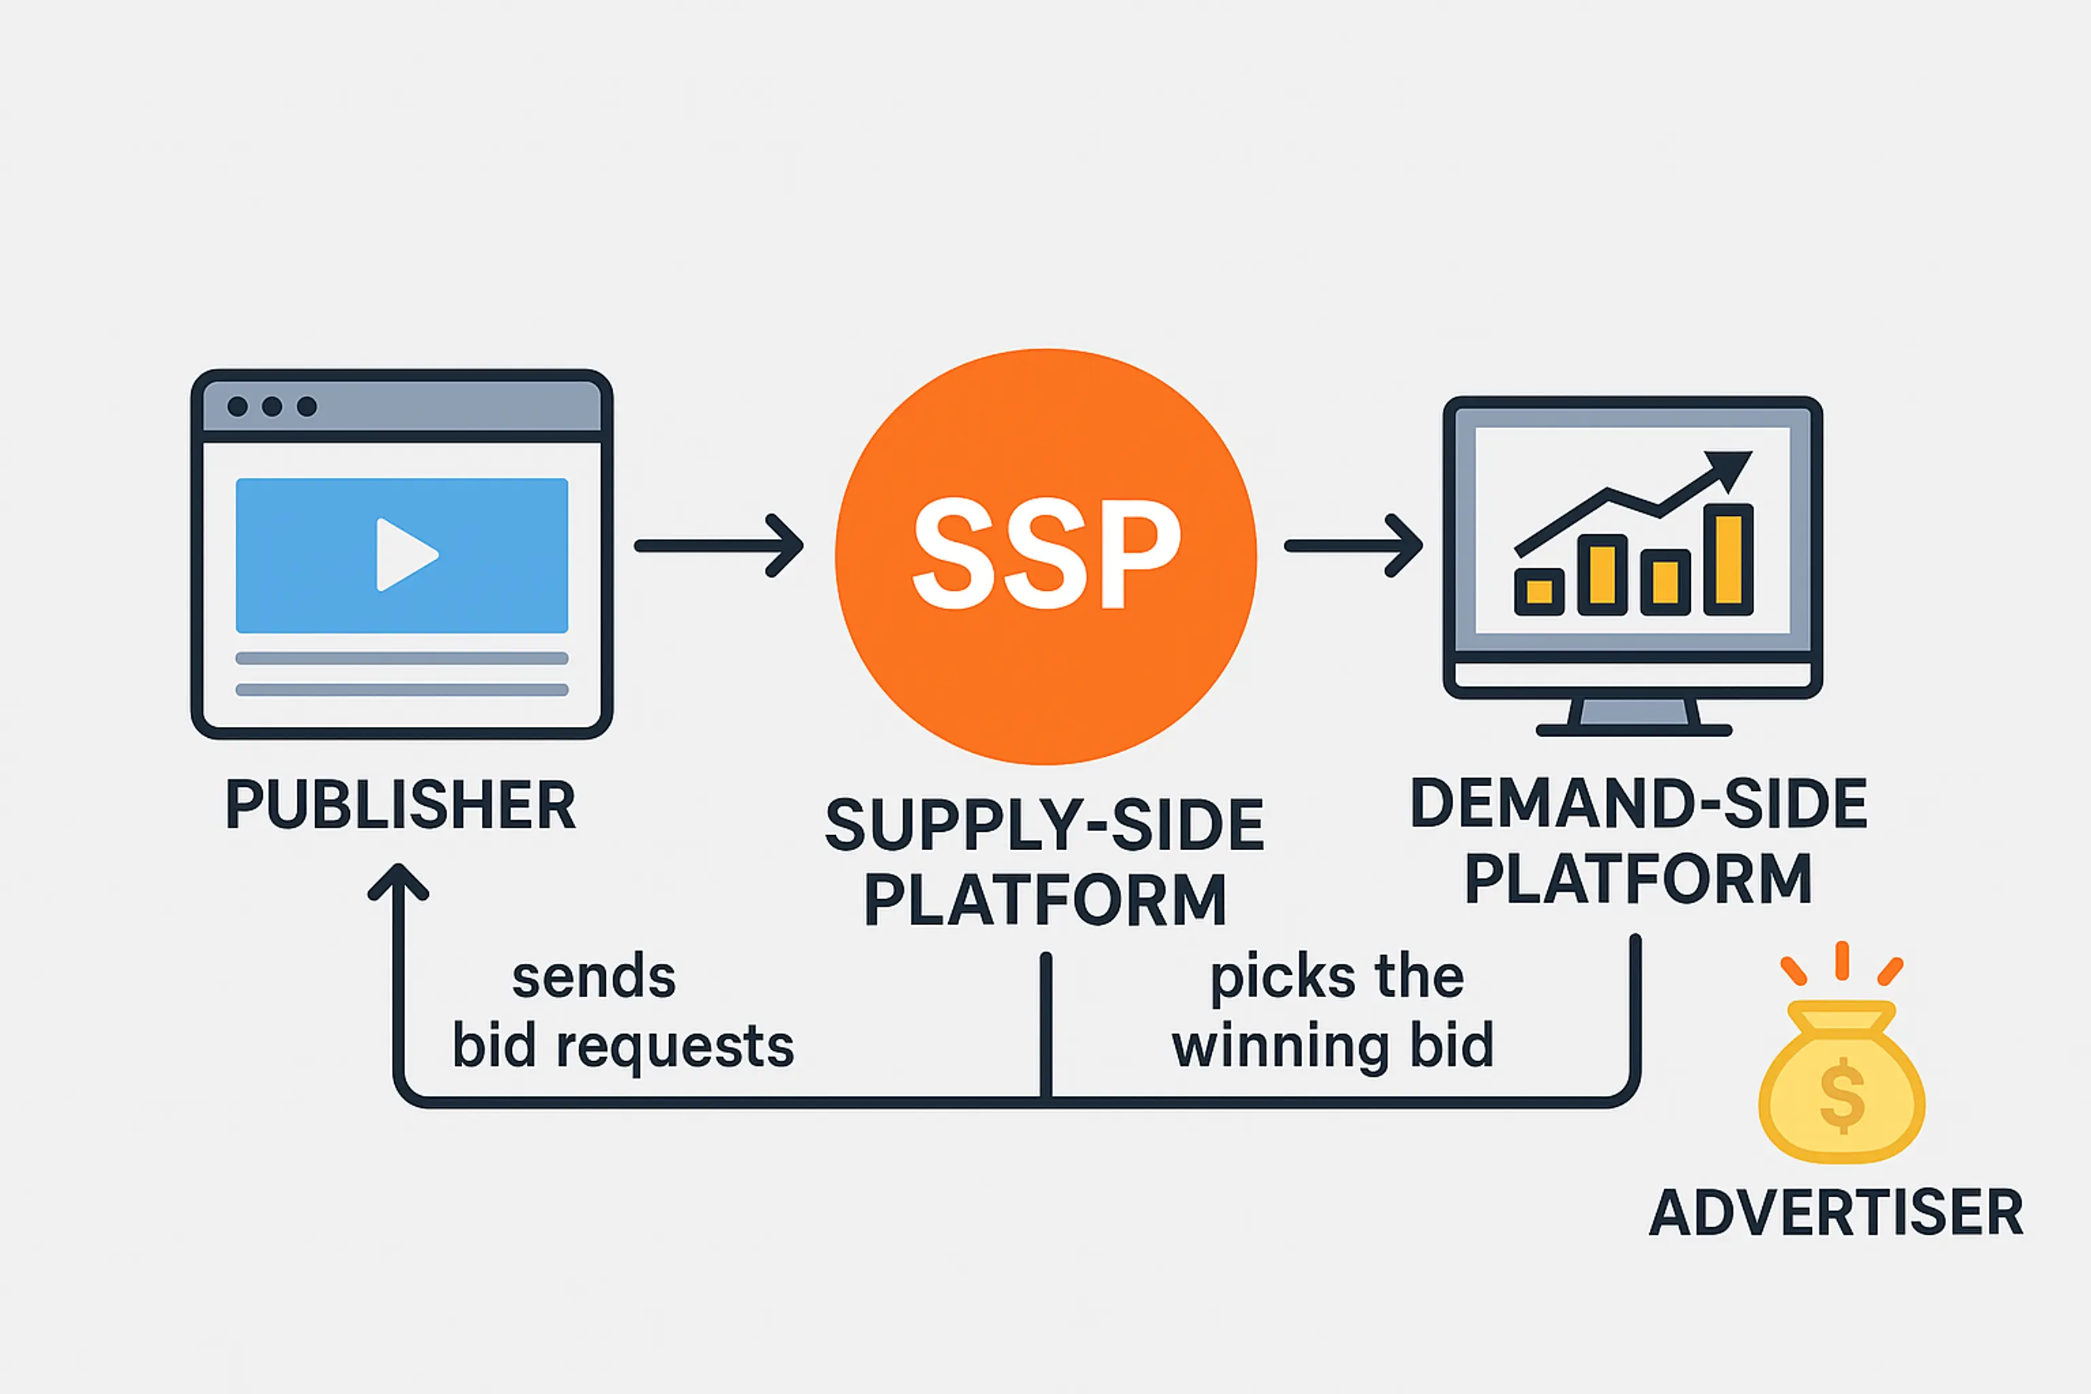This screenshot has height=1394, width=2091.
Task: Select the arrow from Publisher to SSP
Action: point(718,546)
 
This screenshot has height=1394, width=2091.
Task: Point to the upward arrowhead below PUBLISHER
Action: point(398,880)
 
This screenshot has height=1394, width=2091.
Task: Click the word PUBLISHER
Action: point(400,805)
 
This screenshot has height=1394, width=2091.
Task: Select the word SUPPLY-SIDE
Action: point(1045,825)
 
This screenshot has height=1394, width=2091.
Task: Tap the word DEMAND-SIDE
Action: point(1638,804)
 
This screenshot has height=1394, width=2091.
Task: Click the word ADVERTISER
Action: point(1836,1213)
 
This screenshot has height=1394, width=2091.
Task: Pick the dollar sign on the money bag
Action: point(1841,1095)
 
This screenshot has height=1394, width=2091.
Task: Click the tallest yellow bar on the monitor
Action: point(1728,560)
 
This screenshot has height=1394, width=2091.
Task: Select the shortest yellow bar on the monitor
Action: point(1539,591)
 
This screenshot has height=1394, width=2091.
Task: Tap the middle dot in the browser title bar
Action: point(272,407)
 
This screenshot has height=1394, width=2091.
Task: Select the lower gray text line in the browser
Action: point(402,690)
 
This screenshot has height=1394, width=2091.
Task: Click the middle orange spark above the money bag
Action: point(1842,961)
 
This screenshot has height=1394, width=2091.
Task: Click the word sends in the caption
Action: point(594,978)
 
